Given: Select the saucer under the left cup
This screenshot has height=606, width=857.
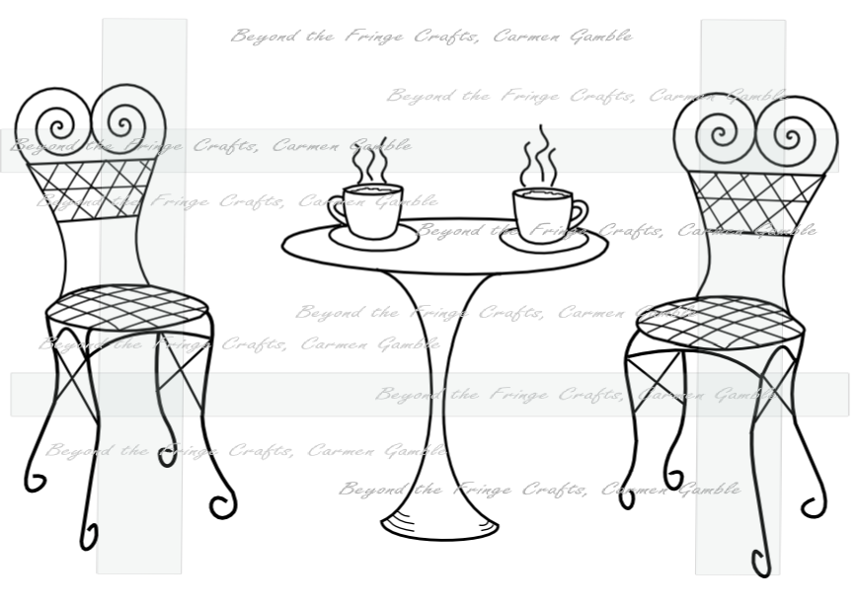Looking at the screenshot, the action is pyautogui.click(x=374, y=239).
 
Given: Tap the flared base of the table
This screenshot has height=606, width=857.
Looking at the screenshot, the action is pyautogui.click(x=440, y=526).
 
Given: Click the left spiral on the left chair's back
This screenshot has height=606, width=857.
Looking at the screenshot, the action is pyautogui.click(x=59, y=126).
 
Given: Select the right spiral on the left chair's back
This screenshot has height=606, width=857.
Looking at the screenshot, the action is pyautogui.click(x=124, y=121).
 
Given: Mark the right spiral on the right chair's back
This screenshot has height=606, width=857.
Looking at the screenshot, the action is pyautogui.click(x=788, y=134).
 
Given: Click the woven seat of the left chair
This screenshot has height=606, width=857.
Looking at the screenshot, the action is pyautogui.click(x=126, y=307).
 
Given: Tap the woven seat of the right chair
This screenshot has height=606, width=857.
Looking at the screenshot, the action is pyautogui.click(x=721, y=323).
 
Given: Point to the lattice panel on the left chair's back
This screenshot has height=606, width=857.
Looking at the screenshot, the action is pyautogui.click(x=91, y=189).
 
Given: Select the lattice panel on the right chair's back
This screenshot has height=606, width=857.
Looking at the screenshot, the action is pyautogui.click(x=756, y=203).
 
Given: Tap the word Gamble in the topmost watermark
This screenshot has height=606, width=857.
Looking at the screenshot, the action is pyautogui.click(x=600, y=37).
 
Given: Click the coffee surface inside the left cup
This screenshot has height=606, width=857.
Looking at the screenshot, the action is pyautogui.click(x=373, y=189).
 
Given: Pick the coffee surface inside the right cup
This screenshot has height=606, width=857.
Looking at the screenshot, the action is pyautogui.click(x=542, y=193).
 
